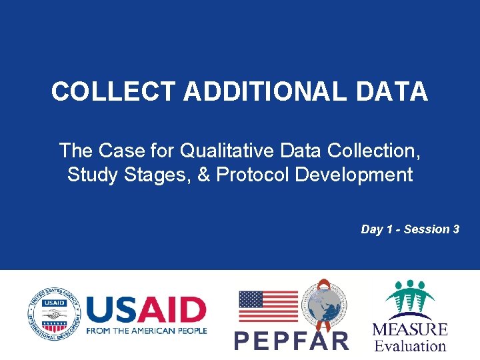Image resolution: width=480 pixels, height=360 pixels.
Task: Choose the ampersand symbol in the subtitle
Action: pos(204,175)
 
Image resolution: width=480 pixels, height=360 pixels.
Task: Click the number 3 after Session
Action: pos(456,229)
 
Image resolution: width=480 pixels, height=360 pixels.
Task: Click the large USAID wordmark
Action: pos(147,310)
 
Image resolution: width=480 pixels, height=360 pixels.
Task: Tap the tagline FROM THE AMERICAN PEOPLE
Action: pos(147,331)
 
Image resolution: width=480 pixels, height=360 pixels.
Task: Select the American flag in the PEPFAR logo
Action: pos(268,307)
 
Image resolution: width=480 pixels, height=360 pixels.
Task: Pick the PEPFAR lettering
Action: pos(291,341)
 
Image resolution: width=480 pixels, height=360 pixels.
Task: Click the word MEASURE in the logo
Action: pos(410,330)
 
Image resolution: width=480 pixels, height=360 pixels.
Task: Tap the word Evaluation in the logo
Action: pos(410,345)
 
